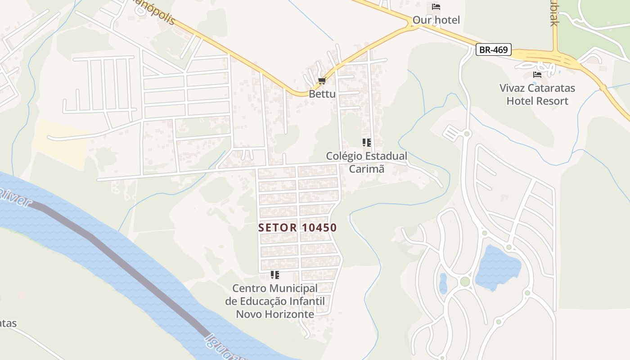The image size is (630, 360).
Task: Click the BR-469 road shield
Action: [x=494, y=49]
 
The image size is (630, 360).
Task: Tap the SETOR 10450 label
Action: [x=297, y=228]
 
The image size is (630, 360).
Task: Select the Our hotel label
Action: [x=436, y=20]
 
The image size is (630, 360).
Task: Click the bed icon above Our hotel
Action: [x=436, y=7]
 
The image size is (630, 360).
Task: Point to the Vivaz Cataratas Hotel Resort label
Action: [x=537, y=94]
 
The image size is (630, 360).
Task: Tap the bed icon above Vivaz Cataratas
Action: [x=537, y=74]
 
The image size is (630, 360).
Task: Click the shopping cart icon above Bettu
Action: [x=322, y=81]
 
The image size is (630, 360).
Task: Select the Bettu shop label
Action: [x=322, y=94]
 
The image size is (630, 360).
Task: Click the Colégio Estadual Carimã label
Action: [x=367, y=162]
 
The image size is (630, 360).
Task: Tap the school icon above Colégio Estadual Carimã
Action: [x=367, y=143]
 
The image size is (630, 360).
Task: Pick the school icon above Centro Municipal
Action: [x=274, y=274]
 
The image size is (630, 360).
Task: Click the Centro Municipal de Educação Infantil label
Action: [x=275, y=301]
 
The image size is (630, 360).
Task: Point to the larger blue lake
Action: [x=498, y=268]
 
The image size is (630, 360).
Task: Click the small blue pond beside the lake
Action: [x=443, y=283]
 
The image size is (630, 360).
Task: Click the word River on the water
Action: [x=16, y=198]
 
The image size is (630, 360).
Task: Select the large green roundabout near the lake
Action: [x=465, y=282]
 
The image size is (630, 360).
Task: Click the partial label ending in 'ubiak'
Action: [x=553, y=13]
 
